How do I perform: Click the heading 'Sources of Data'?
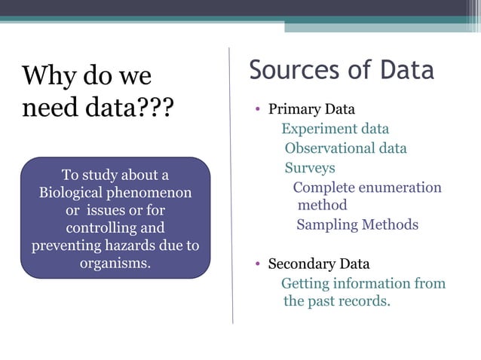[x=342, y=70]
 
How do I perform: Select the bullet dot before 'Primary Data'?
[x=257, y=110]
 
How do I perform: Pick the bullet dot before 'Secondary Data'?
[x=257, y=264]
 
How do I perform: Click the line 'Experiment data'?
[x=335, y=129]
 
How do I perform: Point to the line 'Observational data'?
[x=345, y=148]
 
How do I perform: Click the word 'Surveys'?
[x=309, y=168]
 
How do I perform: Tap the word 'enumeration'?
[x=399, y=188]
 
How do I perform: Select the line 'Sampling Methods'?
[x=357, y=224]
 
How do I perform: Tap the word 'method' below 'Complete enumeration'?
[x=322, y=205]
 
